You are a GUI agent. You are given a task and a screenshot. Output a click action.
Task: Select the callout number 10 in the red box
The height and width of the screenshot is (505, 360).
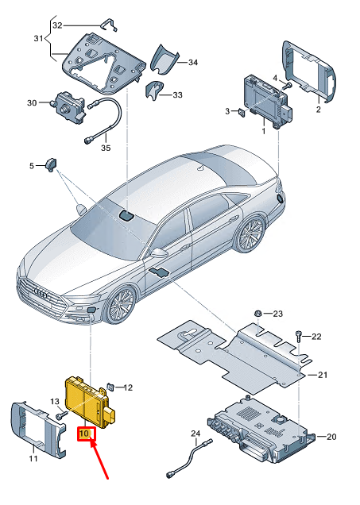coord(85,434)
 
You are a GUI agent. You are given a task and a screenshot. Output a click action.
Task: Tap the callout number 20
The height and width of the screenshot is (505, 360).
coord(332,437)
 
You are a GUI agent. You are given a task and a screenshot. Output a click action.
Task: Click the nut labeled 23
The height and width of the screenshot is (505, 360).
coord(258,314)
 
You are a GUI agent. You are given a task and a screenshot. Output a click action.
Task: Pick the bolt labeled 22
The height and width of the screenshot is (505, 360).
coord(299,337)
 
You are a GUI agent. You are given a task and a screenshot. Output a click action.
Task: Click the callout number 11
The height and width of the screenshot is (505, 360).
coord(33,458)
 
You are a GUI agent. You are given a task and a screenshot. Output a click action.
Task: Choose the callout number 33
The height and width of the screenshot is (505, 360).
coord(154,92)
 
